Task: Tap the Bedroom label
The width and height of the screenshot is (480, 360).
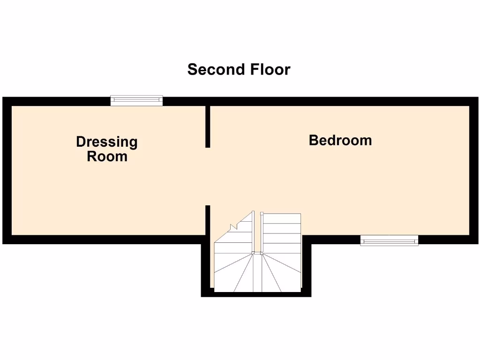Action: tap(340, 140)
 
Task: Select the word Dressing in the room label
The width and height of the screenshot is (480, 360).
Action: tap(107, 142)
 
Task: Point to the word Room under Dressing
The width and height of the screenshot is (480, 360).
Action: tap(107, 156)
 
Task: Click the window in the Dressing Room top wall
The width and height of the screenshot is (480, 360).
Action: tap(136, 100)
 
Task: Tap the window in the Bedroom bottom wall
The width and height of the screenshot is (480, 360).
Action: tap(389, 240)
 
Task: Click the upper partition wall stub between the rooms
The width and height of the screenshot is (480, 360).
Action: tap(207, 127)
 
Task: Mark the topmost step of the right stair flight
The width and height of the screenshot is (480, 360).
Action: tap(281, 218)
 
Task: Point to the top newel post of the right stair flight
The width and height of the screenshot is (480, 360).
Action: tap(262, 214)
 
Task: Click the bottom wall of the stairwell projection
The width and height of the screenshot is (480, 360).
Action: tap(256, 294)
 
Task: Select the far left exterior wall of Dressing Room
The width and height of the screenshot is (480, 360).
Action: tap(7, 171)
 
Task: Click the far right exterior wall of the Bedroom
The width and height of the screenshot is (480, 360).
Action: tap(474, 171)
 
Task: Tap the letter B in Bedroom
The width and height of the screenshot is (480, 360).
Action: tap(314, 140)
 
